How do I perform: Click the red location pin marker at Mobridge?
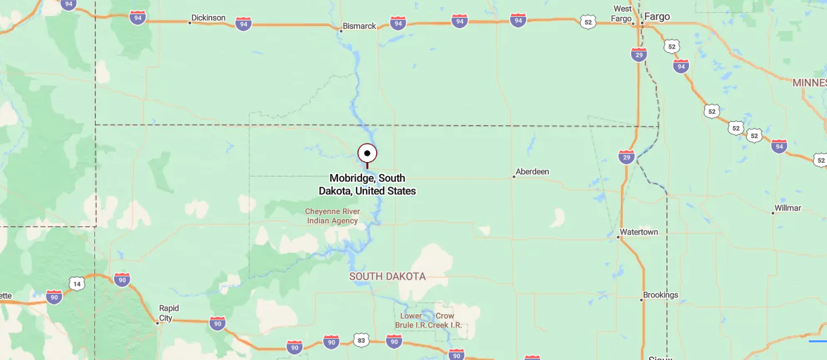(367, 154)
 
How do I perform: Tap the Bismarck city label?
(359, 26)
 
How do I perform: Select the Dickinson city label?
(209, 18)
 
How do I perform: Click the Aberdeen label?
(533, 171)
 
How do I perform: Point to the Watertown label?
(639, 232)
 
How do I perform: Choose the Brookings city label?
(661, 294)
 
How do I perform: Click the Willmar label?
(788, 208)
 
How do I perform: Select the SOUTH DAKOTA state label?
(387, 276)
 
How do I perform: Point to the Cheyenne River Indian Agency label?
(332, 216)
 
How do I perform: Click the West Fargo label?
(623, 13)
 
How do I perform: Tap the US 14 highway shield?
(77, 283)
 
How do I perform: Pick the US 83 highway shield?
(361, 340)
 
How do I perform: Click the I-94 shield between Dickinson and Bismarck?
(243, 23)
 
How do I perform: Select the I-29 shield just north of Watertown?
(626, 156)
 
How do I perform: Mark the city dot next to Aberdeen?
(514, 176)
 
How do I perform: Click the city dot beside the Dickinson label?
(189, 23)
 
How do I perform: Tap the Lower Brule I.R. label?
(411, 321)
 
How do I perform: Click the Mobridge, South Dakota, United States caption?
(367, 185)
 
